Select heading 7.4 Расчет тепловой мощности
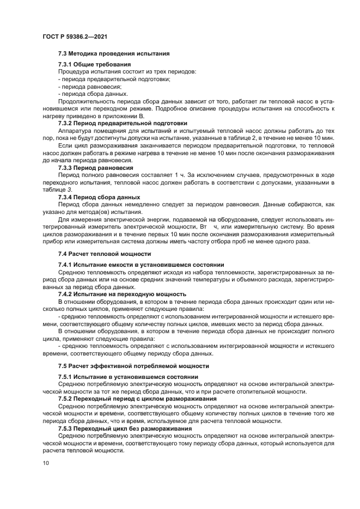pyautogui.click(x=104, y=254)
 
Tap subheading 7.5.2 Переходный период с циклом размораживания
pyautogui.click(x=137, y=398)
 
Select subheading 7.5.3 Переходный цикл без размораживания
pyautogui.click(x=128, y=428)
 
